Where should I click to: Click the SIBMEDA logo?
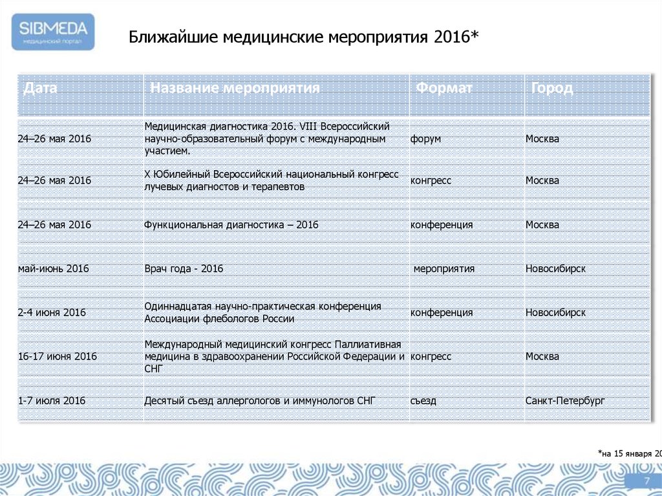click(x=53, y=31)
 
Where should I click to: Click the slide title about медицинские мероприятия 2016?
click(x=303, y=37)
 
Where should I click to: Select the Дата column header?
click(x=40, y=88)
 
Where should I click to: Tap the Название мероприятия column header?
click(x=235, y=88)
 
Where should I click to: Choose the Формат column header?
click(x=444, y=88)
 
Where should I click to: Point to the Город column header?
click(x=552, y=88)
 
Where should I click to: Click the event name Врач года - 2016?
click(x=184, y=268)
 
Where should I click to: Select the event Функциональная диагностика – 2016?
click(x=231, y=225)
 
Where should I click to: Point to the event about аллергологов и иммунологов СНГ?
click(x=260, y=401)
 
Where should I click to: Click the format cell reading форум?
click(x=425, y=139)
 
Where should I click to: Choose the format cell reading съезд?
click(x=423, y=401)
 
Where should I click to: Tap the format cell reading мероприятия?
click(x=444, y=268)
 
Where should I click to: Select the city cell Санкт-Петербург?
click(x=565, y=401)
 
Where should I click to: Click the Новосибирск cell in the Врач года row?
click(x=555, y=268)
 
